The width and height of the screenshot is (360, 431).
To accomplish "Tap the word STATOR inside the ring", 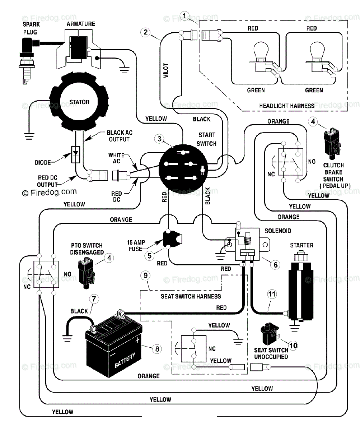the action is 79,102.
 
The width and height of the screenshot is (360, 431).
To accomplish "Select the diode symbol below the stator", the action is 75,154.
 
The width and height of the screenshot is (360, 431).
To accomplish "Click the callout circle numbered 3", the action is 159,139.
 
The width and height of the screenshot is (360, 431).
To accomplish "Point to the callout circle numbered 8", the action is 157,349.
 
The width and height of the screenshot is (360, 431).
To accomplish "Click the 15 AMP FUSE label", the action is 136,246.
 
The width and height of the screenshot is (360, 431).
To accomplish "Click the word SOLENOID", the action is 278,231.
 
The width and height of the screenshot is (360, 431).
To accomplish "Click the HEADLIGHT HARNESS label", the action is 287,106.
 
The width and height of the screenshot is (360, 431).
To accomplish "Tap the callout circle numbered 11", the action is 272,294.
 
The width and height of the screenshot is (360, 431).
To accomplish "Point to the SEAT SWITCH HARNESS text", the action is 191,297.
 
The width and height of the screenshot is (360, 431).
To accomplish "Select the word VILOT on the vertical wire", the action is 166,71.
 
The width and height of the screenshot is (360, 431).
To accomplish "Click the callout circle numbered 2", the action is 146,32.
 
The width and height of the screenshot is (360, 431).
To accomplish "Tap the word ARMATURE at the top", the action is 81,24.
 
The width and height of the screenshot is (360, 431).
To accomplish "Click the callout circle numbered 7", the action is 94,299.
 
